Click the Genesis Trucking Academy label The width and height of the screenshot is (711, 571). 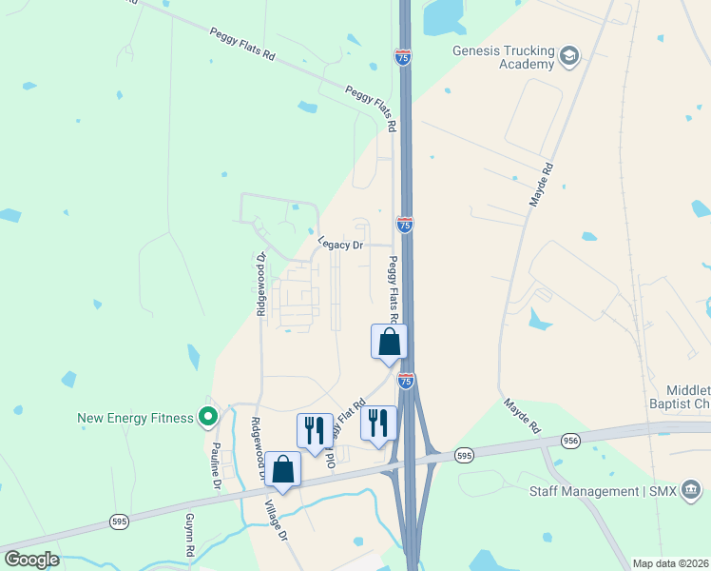[503, 57]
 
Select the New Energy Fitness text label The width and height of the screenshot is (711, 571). [136, 417]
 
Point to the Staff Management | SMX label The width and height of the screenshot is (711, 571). [598, 491]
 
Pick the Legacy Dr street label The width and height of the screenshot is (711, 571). [341, 245]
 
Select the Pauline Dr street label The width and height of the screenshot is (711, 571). [217, 466]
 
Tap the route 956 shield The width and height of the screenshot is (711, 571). [570, 440]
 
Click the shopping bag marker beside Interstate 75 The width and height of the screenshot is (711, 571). [388, 342]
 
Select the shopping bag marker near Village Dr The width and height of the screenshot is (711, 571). [282, 468]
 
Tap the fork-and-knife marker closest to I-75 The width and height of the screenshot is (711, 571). [378, 423]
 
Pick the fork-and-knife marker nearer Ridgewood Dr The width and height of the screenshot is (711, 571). [315, 430]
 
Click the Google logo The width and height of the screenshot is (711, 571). [31, 560]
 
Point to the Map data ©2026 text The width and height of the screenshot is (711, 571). [670, 563]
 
